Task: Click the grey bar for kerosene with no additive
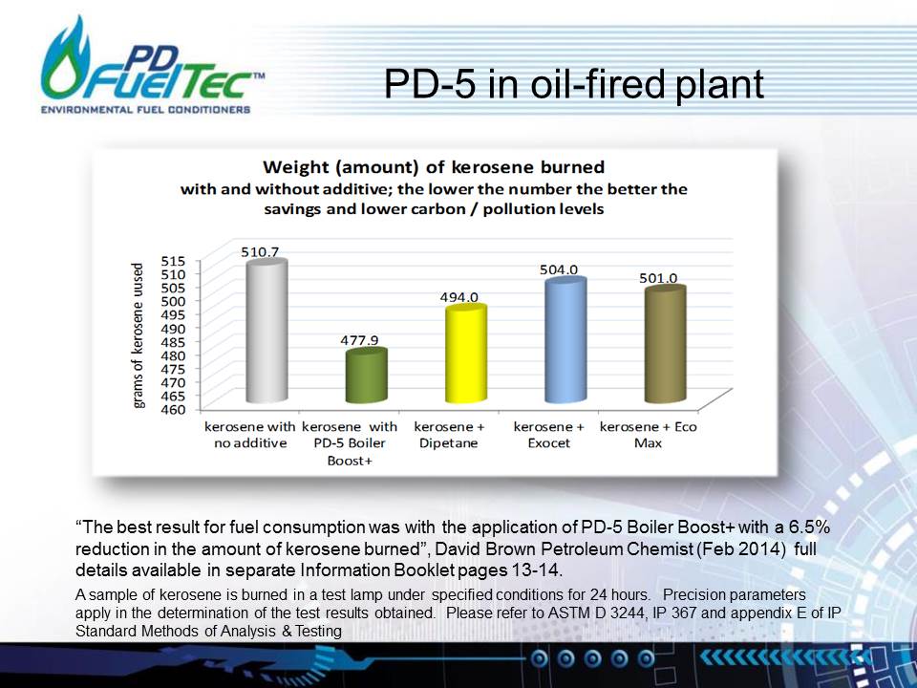point(267,332)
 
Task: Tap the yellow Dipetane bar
point(466,354)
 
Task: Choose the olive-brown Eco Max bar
point(665,345)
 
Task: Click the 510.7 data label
point(260,251)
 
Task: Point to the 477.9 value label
point(360,340)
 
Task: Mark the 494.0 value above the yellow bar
point(459,297)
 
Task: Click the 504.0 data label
point(559,269)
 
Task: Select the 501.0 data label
point(658,278)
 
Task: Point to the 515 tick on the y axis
point(174,260)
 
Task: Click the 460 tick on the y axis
point(174,410)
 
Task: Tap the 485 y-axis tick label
point(174,342)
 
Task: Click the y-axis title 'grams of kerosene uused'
point(138,335)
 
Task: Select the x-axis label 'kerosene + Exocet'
point(548,435)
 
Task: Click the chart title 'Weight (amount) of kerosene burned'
point(434,167)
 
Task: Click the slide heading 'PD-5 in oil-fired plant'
point(574,84)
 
